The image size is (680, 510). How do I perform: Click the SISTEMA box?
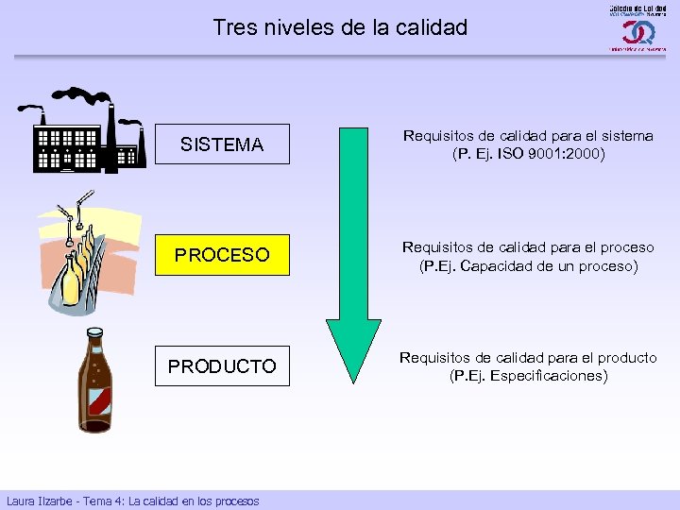(x=222, y=144)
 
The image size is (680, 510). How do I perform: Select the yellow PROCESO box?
(x=222, y=255)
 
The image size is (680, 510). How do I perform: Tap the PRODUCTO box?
(x=222, y=366)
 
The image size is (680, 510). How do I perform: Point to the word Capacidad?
(x=509, y=266)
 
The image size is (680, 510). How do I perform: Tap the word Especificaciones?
(x=552, y=376)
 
